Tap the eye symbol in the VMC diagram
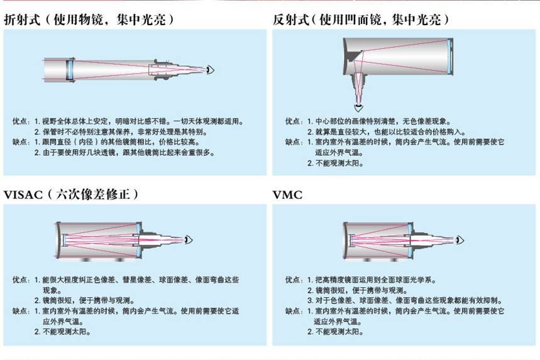click(x=462, y=239)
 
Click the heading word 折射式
click(x=23, y=20)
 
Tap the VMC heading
click(x=287, y=195)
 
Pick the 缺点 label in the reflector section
click(x=293, y=142)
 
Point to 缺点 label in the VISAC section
click(x=20, y=310)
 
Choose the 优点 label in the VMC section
click(x=293, y=280)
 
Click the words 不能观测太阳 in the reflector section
click(x=339, y=163)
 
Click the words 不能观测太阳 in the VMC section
click(x=339, y=332)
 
